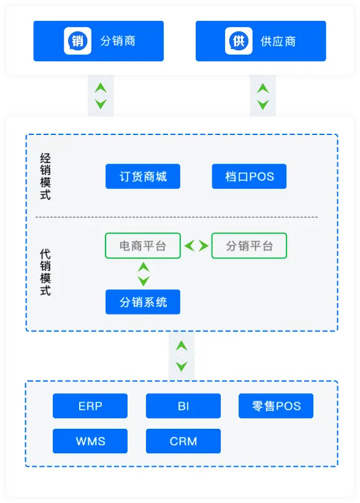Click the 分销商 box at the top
click(x=99, y=41)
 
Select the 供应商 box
click(x=261, y=41)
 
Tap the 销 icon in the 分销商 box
click(x=78, y=40)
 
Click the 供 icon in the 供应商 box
click(x=239, y=40)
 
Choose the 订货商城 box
click(x=143, y=177)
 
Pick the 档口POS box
click(x=250, y=177)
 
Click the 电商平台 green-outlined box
click(x=143, y=246)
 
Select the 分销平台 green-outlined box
click(x=250, y=246)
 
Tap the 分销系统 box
click(x=143, y=302)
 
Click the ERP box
click(x=90, y=406)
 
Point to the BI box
click(x=183, y=406)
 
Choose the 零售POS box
click(x=276, y=406)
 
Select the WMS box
click(x=90, y=441)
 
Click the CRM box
click(x=183, y=441)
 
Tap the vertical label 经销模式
click(x=45, y=177)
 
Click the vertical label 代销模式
click(x=45, y=272)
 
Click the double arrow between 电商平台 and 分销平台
click(x=196, y=246)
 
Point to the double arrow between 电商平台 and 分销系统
click(x=144, y=274)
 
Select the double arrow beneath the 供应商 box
click(x=263, y=96)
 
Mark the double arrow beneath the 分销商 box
click(x=101, y=96)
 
